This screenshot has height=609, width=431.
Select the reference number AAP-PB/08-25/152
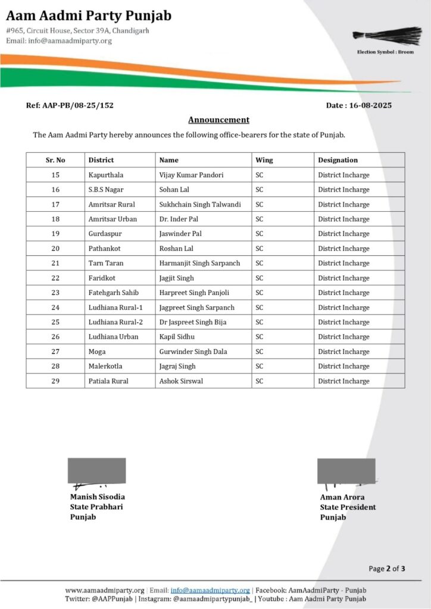click(70, 105)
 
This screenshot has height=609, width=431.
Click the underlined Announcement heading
click(218, 120)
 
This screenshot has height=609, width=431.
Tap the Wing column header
click(264, 160)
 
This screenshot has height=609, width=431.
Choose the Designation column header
click(338, 160)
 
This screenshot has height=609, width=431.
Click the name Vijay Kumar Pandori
click(188, 175)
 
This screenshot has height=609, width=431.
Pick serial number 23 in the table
click(55, 293)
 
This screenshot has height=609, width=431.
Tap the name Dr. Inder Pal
click(179, 219)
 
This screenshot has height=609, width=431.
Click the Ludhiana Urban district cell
click(113, 337)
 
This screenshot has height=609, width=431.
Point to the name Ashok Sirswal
click(181, 381)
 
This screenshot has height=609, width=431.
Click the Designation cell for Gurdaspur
click(343, 234)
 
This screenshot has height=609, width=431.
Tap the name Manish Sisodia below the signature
click(98, 497)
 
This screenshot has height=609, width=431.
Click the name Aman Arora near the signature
click(342, 497)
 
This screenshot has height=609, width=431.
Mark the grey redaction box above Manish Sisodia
click(96, 470)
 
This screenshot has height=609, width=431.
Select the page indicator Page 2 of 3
click(387, 569)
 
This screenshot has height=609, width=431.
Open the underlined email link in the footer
click(210, 590)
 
